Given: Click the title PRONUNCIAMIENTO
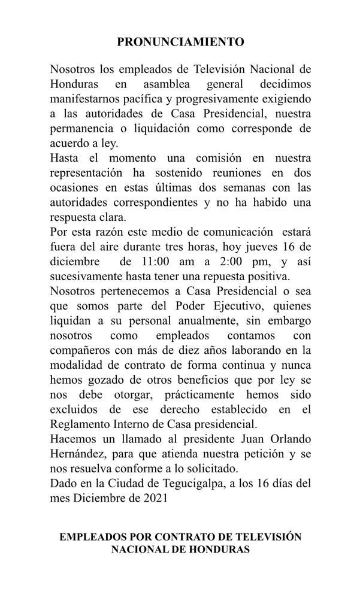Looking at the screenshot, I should point(180,42).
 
